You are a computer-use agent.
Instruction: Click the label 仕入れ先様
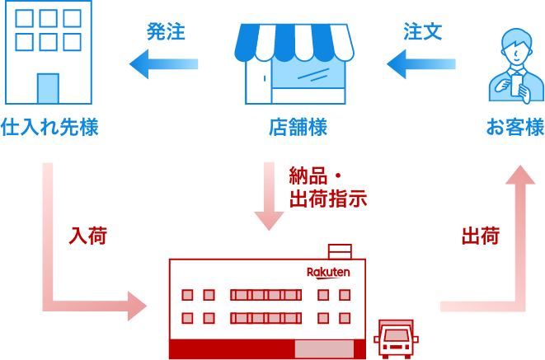pos(49,128)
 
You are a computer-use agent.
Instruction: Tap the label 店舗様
pos(298,128)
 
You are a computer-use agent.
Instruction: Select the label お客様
pos(514,128)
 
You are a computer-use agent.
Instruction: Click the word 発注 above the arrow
pos(166,32)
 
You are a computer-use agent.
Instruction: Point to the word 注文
pos(423,32)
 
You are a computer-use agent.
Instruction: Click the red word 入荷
pos(87,236)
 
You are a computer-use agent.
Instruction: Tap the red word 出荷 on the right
pos(480,236)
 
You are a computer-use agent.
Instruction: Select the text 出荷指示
pos(328,199)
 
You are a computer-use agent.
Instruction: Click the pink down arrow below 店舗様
pos(269,198)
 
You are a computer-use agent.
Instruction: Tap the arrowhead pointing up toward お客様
pos(519,175)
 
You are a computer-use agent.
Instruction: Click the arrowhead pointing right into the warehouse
pos(136,306)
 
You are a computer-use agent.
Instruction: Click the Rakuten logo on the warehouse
pos(328,272)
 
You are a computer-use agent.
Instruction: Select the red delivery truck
pos(396,339)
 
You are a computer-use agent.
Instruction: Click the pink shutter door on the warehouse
pos(324,348)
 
